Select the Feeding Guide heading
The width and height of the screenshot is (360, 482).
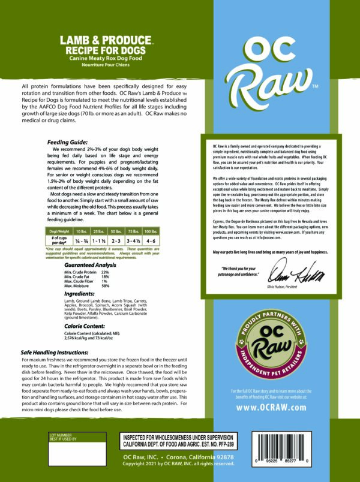click(67, 142)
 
